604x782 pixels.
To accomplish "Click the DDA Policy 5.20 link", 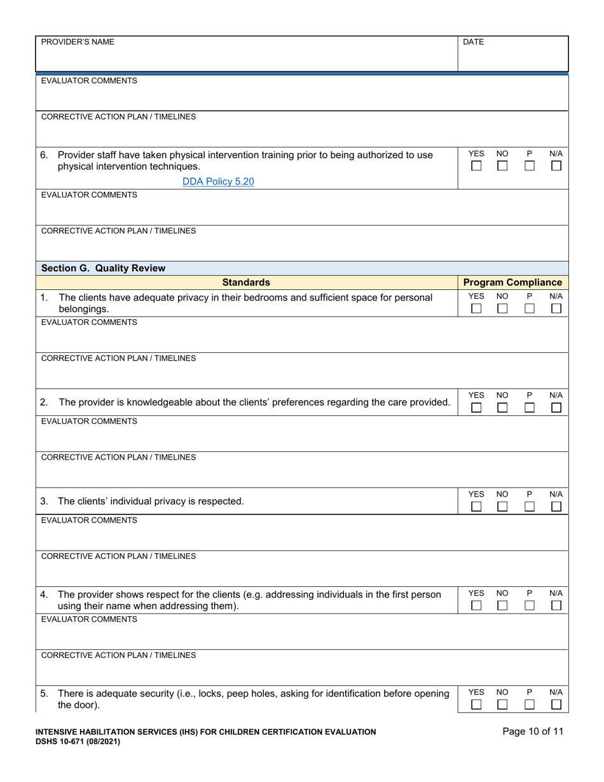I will coord(218,181).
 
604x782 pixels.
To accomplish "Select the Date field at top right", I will coord(512,54).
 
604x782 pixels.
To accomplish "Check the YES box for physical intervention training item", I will coord(476,166).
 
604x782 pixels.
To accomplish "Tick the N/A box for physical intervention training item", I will coord(556,166).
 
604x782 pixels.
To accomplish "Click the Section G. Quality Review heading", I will coord(103,268).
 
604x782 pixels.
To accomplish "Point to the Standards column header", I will coord(246,282).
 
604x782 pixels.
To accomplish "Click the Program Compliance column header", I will coord(512,282).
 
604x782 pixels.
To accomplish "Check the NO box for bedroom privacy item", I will coord(502,308).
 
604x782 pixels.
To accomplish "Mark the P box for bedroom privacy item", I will coord(530,308).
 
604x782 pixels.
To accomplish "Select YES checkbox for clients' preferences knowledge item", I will coord(476,408).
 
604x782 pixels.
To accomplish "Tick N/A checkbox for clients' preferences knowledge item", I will coord(556,408).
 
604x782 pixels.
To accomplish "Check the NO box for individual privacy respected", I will coord(502,507).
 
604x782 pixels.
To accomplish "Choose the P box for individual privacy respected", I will coord(530,507).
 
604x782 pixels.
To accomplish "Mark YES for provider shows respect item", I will coord(476,606).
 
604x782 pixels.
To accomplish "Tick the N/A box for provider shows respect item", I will coord(556,606).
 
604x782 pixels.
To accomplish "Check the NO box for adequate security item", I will coord(502,704).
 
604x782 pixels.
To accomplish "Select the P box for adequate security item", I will coord(530,704).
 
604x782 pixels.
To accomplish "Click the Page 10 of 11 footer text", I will coord(532,732).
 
